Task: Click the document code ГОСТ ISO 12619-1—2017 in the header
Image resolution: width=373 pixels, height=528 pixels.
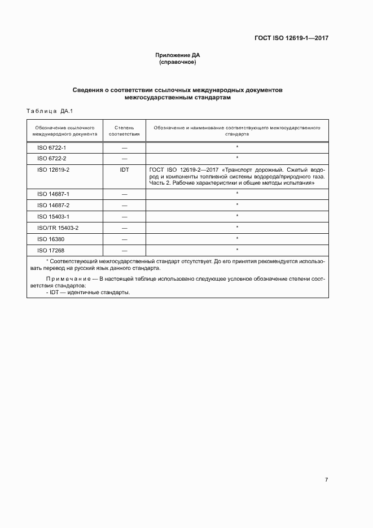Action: (292, 38)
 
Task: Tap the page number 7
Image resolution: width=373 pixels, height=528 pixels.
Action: (326, 479)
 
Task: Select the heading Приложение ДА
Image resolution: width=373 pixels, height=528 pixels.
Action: (178, 55)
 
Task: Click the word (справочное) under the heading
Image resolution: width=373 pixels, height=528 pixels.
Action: (178, 62)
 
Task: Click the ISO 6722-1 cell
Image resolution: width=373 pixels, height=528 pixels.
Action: (52, 147)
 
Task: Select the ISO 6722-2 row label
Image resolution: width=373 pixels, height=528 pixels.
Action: (52, 158)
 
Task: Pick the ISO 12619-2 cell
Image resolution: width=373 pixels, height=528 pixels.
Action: (53, 169)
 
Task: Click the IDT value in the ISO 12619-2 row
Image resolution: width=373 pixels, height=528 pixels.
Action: (124, 169)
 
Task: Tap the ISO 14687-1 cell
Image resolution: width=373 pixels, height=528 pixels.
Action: (53, 194)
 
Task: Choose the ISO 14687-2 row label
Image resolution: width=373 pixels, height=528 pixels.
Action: (53, 205)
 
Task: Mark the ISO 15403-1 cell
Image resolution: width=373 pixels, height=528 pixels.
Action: (53, 216)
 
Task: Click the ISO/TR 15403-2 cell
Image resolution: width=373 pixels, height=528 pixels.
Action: (58, 228)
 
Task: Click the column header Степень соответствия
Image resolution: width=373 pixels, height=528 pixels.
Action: (124, 131)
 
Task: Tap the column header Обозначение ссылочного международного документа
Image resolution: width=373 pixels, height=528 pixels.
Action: (64, 131)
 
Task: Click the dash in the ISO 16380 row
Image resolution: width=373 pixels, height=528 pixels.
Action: (124, 239)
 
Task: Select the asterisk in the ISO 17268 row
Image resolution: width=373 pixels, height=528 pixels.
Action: (237, 250)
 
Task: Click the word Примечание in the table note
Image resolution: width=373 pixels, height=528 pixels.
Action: (69, 279)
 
